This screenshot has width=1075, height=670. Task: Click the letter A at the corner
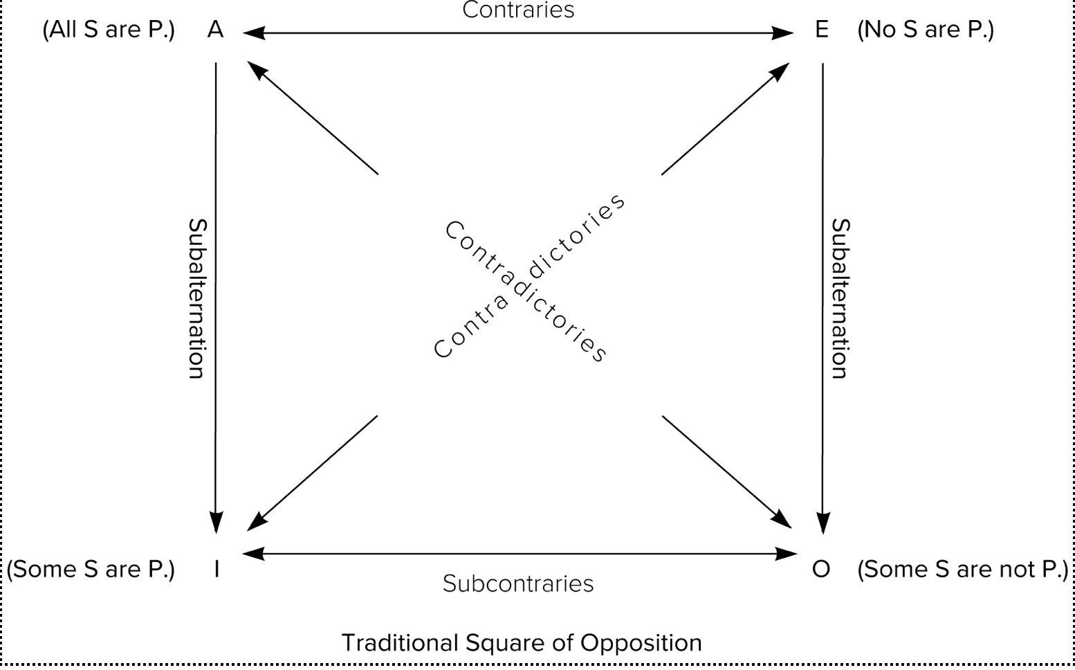pos(215,29)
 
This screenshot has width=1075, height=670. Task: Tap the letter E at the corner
pos(822,29)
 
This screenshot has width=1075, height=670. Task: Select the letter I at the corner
pos(217,569)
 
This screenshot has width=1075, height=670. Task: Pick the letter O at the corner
pos(821,569)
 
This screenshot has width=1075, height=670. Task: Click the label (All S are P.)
pos(109,30)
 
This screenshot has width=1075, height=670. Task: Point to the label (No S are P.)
pos(926,30)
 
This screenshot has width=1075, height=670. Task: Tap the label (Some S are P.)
pos(91,570)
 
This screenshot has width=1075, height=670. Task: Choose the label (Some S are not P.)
pos(963,570)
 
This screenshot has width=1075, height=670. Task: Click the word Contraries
pos(518,10)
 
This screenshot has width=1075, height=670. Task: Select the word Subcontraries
pos(518,584)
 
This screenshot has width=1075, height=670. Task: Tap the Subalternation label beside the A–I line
pos(197,299)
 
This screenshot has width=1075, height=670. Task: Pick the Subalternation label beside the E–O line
pos(840,299)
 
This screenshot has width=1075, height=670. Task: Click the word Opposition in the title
pos(641,643)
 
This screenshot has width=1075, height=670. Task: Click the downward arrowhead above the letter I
pos(216,523)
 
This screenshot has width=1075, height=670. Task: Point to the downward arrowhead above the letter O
pos(823,523)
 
